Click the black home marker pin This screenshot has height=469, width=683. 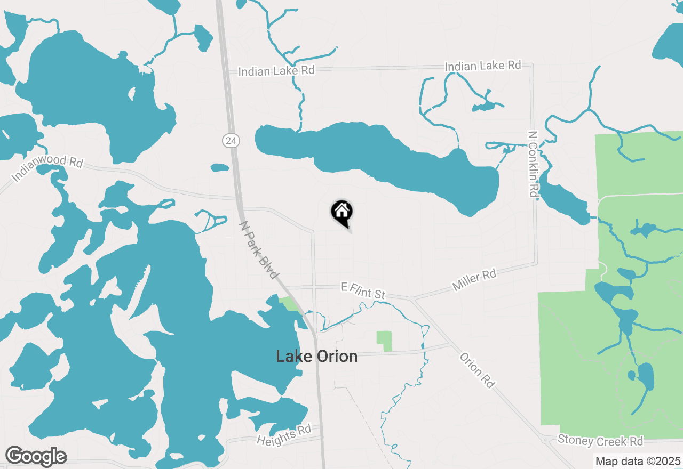click(341, 212)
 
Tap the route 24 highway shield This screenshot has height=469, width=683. click(231, 141)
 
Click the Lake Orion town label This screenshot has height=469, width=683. click(316, 356)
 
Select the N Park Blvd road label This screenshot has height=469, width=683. click(259, 250)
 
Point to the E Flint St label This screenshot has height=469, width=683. click(363, 291)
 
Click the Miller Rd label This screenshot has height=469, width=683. click(474, 280)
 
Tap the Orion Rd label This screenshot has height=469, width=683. click(477, 370)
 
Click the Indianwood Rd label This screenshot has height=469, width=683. click(47, 168)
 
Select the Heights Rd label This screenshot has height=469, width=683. click(283, 435)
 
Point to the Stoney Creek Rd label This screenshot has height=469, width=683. click(600, 441)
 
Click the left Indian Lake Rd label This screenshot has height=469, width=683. click(276, 70)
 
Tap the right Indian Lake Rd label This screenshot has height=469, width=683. click(482, 66)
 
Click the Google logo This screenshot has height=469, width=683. click(36, 456)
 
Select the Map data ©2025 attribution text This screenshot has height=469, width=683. click(638, 461)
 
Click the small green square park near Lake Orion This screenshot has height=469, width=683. click(384, 341)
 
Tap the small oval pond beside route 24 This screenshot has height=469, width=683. click(220, 168)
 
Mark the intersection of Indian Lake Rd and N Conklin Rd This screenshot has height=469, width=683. click(531, 65)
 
